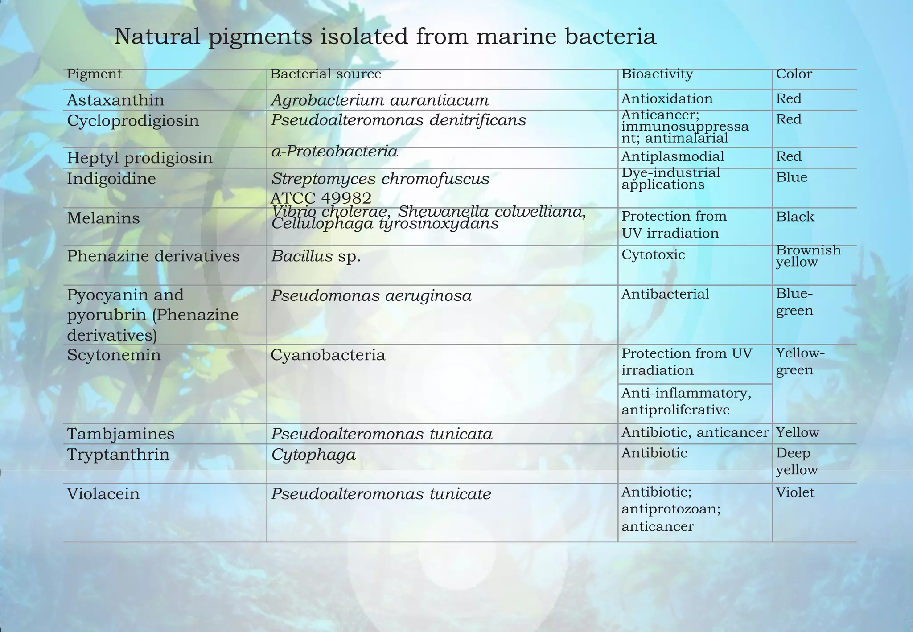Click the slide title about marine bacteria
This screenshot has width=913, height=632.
[x=385, y=37]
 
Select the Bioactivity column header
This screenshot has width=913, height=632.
[x=657, y=74]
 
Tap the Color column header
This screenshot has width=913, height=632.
[x=794, y=74]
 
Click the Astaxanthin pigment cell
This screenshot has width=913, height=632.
[x=115, y=100]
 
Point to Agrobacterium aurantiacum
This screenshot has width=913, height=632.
[x=380, y=100]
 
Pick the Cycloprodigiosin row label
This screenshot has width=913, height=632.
[x=133, y=121]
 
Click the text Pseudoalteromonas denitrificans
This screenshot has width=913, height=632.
[x=399, y=120]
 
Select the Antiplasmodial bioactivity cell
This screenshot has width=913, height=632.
[x=672, y=156]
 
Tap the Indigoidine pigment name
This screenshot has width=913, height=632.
[x=111, y=179]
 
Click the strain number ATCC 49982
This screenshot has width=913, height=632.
[x=321, y=197]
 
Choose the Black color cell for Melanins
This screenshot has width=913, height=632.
[x=795, y=217]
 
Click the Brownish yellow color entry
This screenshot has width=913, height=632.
[x=808, y=256]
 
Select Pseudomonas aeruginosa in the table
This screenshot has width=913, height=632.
[x=371, y=295]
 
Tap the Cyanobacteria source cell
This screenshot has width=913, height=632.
[x=328, y=355]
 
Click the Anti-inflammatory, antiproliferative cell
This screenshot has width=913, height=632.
[x=686, y=401]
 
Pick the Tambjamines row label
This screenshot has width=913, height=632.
[x=120, y=434]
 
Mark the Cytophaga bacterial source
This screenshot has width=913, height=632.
[x=313, y=455]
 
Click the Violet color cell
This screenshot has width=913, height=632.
[x=795, y=492]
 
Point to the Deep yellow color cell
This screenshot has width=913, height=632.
[x=797, y=461]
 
